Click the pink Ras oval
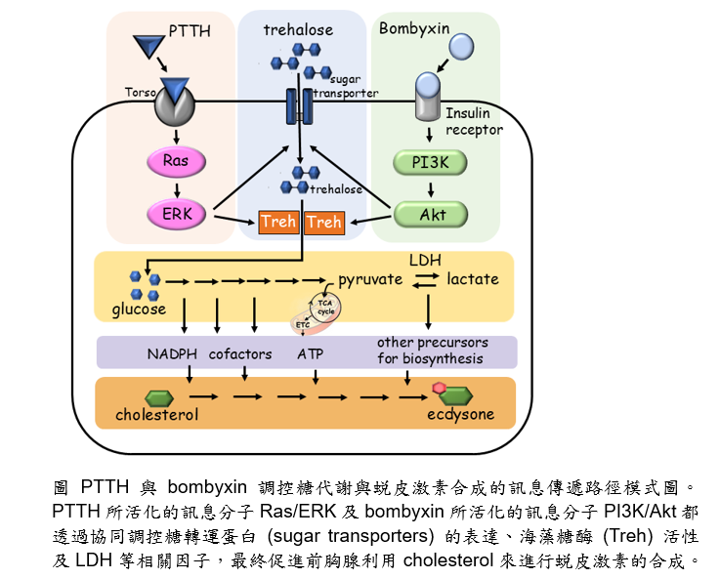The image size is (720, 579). pos(175,160)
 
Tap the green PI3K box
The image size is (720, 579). pos(430,163)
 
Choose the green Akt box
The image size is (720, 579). pos(430,214)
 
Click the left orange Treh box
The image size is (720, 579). pos(278,223)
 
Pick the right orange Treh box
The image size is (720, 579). pos(323,223)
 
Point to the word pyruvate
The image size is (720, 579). pos(370,279)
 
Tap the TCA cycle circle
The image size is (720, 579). pos(323,310)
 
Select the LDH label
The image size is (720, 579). pos(424,260)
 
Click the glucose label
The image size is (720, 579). pos(139,310)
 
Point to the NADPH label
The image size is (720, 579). pos(172,353)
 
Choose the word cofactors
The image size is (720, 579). pos(240,353)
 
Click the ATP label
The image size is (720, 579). pos(310,353)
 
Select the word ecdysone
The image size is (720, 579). pos(460,414)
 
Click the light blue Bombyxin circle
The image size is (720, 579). pos(463,45)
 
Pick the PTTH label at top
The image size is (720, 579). pos(190,31)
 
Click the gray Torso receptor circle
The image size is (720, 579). pos(175,103)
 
